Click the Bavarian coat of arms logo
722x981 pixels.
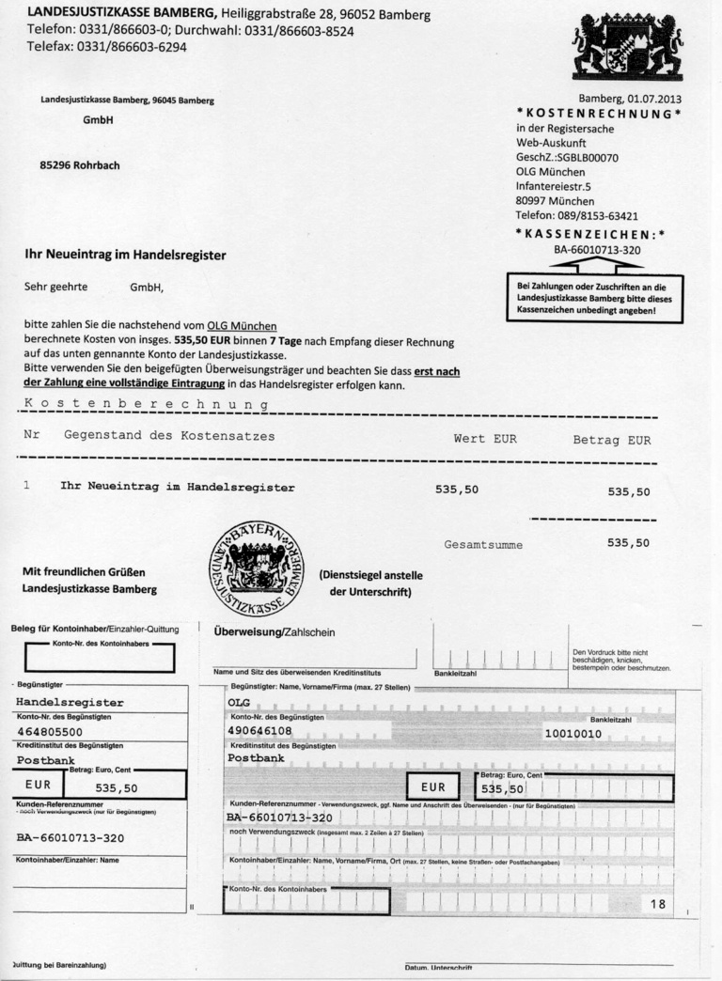point(627,44)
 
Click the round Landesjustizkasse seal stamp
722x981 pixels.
point(258,568)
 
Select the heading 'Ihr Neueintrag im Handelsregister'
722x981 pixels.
point(125,255)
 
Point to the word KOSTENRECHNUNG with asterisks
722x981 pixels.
point(598,114)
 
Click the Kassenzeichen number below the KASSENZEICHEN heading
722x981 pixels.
point(597,250)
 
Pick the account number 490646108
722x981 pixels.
point(259,730)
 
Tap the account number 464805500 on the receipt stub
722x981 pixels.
point(50,731)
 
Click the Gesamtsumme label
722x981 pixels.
point(483,544)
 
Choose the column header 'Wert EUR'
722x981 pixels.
point(485,439)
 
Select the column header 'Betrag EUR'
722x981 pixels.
point(611,440)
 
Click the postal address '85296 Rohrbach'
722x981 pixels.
point(80,165)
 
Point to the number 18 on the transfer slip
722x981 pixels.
point(657,903)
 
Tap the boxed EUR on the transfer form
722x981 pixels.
point(432,787)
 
